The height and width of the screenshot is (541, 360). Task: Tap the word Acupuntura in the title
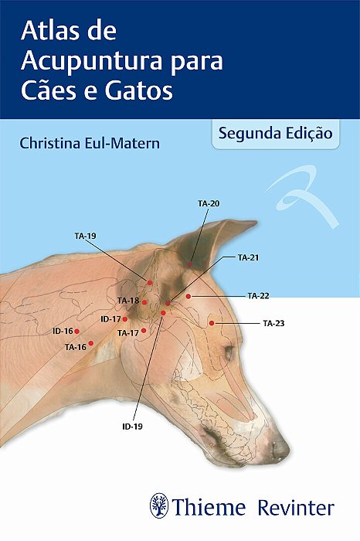pyautogui.click(x=92, y=61)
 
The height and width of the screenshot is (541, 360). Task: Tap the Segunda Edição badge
pyautogui.click(x=275, y=132)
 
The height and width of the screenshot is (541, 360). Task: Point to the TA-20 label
pyautogui.click(x=209, y=203)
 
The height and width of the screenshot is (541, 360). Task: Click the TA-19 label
pyautogui.click(x=85, y=233)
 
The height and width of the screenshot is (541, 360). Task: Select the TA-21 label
pyautogui.click(x=248, y=257)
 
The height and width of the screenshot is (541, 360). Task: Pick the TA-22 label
pyautogui.click(x=258, y=295)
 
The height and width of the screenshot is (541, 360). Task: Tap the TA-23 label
pyautogui.click(x=273, y=322)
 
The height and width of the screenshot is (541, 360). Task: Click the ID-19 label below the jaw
pyautogui.click(x=133, y=426)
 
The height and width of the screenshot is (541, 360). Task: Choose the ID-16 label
pyautogui.click(x=63, y=331)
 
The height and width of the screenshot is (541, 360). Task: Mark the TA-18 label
pyautogui.click(x=128, y=301)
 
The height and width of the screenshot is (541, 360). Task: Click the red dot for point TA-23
pyautogui.click(x=212, y=323)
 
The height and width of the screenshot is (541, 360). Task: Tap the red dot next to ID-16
pyautogui.click(x=76, y=331)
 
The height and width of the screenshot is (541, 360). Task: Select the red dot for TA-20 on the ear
pyautogui.click(x=190, y=265)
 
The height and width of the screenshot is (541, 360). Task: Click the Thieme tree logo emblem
pyautogui.click(x=160, y=506)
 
